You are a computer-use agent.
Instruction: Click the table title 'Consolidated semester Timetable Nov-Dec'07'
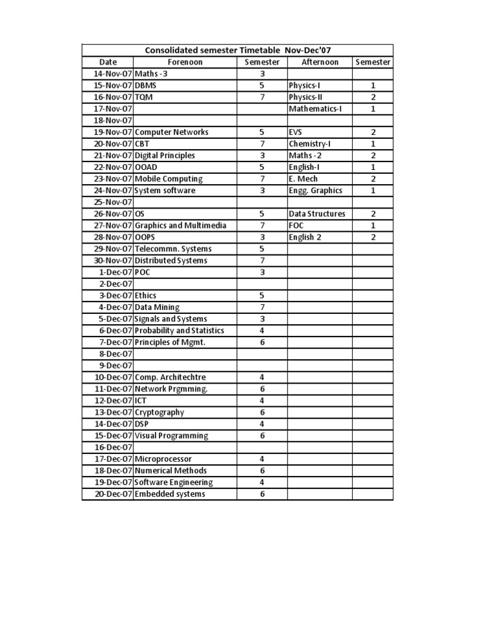[x=238, y=50]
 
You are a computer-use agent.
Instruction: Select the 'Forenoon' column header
[x=185, y=62]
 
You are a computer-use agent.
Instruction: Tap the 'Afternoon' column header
[x=320, y=62]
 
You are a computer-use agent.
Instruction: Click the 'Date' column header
[x=108, y=62]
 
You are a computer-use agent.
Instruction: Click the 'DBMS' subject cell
[x=146, y=85]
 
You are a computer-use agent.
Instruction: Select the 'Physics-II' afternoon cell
[x=305, y=97]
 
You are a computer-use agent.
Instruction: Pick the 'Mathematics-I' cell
[x=315, y=109]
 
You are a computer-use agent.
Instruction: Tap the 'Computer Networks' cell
[x=171, y=132]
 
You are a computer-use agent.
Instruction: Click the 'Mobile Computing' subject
[x=168, y=179]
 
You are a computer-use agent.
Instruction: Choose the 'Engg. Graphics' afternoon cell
[x=315, y=191]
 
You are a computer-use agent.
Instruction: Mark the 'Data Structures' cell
[x=316, y=214]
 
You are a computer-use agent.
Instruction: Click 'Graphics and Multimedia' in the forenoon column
[x=180, y=225]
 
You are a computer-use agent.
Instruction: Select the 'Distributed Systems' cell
[x=170, y=260]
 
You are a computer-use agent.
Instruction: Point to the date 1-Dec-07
[x=115, y=272]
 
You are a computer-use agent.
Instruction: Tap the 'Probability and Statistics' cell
[x=179, y=331]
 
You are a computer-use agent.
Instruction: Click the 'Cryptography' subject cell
[x=159, y=412]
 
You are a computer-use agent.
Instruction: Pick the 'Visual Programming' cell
[x=171, y=435]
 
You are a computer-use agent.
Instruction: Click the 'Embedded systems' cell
[x=169, y=494]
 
